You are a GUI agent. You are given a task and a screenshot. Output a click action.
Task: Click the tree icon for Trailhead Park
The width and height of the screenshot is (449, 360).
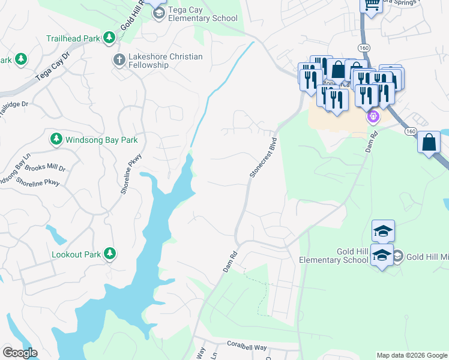[109, 38]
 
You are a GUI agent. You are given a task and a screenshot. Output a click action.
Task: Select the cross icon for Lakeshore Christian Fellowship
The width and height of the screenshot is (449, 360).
[118, 60]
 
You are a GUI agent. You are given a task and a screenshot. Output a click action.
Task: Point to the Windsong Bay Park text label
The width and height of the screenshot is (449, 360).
[101, 140]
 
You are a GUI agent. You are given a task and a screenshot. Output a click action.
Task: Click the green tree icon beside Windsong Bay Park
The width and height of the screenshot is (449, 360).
[56, 139]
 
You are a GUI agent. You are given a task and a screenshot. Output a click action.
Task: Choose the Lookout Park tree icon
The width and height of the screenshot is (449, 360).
[109, 254]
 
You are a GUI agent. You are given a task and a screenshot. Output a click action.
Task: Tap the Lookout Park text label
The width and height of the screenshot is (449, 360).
[76, 254]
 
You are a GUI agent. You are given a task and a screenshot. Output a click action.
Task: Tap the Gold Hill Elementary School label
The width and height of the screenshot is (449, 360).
[334, 256]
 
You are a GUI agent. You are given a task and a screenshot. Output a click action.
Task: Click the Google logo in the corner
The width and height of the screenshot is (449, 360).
[20, 353]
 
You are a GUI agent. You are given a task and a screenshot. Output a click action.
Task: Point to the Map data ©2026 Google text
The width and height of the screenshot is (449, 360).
[411, 355]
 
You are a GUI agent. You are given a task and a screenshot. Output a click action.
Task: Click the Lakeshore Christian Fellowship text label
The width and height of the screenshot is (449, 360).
[166, 61]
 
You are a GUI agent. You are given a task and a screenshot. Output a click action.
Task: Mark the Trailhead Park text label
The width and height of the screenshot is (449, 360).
[73, 38]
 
